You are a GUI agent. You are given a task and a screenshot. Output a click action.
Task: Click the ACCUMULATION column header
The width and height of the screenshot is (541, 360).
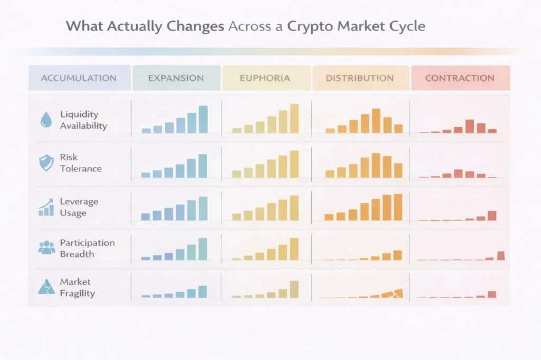(x=79, y=78)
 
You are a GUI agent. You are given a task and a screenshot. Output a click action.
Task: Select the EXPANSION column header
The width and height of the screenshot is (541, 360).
(x=175, y=78)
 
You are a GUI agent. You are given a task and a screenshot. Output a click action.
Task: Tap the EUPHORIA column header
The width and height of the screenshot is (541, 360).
(x=265, y=78)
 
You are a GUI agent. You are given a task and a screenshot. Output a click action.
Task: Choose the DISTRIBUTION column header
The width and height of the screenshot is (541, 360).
(x=359, y=78)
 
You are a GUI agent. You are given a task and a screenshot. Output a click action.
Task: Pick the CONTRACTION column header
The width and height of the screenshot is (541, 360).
(x=460, y=78)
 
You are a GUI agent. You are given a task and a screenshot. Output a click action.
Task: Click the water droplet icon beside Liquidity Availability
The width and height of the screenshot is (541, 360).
(x=46, y=120)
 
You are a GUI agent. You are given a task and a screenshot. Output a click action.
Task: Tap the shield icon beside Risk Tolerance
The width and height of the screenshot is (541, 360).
(x=46, y=163)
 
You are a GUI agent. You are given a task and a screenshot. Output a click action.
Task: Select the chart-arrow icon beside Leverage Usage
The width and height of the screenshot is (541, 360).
(x=46, y=207)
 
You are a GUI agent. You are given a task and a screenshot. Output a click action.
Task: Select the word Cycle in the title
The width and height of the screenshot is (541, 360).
(x=406, y=26)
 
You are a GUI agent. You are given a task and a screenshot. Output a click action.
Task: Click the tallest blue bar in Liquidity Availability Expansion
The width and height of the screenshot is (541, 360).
(x=203, y=119)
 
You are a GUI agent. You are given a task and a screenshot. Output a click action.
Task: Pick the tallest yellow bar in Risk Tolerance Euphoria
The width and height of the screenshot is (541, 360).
(x=294, y=164)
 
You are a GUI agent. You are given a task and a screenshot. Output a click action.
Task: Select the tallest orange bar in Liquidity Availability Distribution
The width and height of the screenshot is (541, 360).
(x=376, y=120)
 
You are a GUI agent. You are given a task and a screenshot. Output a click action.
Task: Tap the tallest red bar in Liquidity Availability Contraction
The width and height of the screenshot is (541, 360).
(x=470, y=126)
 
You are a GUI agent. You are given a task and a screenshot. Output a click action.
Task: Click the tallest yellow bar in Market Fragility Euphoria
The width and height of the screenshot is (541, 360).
(x=294, y=289)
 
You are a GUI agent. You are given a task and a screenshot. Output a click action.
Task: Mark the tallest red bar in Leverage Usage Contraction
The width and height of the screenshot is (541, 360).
(x=492, y=215)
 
